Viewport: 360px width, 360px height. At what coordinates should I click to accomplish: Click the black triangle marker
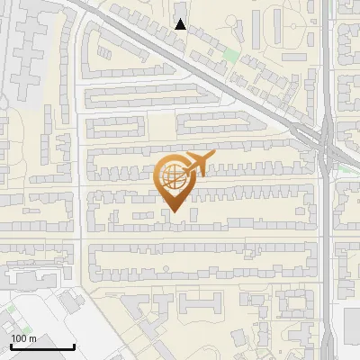[181, 24]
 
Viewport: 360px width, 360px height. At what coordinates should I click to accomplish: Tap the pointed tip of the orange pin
[174, 212]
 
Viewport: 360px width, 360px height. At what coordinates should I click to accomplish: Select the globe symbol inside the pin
[174, 175]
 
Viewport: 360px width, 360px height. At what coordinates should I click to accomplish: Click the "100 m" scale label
[23, 338]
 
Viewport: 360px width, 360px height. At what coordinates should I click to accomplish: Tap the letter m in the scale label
[32, 338]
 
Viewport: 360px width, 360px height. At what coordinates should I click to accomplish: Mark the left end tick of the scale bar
[11, 345]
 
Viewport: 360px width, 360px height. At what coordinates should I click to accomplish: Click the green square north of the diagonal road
[230, 55]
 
